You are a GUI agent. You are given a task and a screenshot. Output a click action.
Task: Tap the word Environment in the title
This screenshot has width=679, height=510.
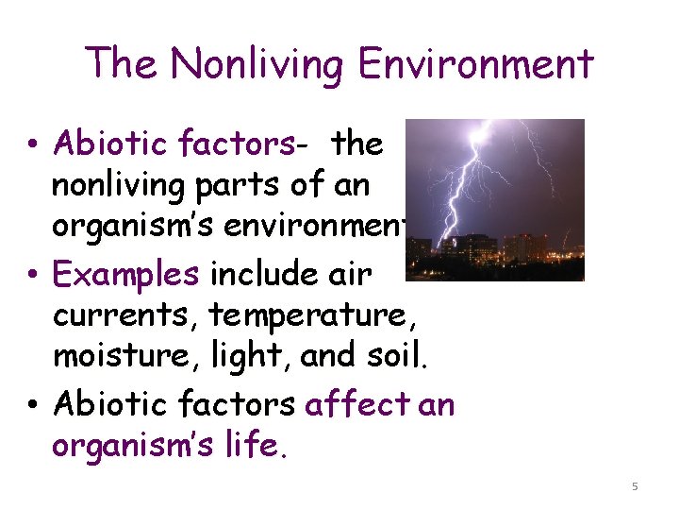[474, 64]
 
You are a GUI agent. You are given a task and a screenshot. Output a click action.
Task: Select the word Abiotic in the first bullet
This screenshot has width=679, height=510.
[97, 144]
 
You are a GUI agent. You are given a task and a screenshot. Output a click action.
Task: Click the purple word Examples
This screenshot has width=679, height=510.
[126, 274]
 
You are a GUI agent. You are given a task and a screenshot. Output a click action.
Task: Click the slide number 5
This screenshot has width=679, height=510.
[635, 485]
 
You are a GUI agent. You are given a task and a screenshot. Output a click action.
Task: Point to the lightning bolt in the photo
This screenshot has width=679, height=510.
[471, 189]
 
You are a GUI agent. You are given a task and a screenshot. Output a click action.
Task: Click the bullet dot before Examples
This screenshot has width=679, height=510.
[33, 276]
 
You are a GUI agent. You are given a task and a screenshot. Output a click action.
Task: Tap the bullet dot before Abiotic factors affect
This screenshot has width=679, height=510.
[33, 406]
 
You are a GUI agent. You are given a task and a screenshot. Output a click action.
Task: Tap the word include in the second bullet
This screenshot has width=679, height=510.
[263, 274]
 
